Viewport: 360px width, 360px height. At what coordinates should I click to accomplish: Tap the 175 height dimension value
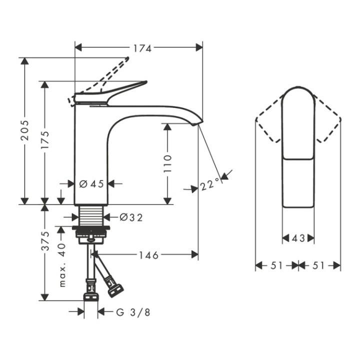click(45, 141)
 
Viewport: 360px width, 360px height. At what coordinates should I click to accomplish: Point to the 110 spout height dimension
click(167, 164)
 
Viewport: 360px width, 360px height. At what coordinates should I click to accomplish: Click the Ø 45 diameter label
click(91, 183)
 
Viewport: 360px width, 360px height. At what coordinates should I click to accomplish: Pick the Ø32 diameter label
click(131, 217)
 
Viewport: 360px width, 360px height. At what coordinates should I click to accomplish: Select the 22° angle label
click(209, 184)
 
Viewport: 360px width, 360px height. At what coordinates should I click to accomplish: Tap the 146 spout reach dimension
click(148, 255)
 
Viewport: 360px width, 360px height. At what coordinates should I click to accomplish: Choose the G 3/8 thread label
click(133, 312)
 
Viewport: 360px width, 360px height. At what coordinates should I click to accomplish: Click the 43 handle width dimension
click(298, 238)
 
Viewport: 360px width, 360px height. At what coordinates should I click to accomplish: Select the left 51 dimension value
click(277, 265)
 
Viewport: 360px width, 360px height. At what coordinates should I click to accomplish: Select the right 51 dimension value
click(319, 265)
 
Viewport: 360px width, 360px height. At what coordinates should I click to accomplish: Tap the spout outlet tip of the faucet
click(198, 121)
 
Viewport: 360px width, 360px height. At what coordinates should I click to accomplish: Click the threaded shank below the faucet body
click(91, 216)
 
